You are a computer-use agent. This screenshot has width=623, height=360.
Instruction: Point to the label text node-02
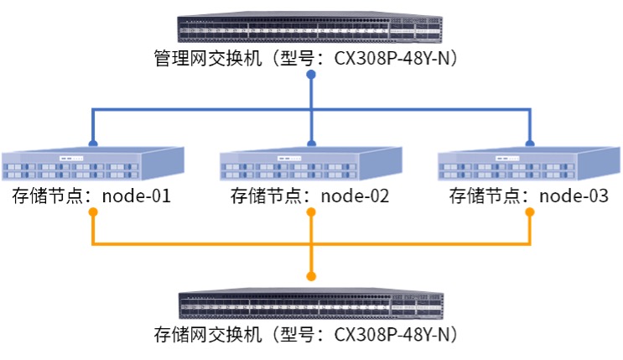coord(356,197)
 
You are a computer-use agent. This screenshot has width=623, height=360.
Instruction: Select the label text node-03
coord(574,197)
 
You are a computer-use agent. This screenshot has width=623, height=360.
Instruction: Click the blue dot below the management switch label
coord(310,76)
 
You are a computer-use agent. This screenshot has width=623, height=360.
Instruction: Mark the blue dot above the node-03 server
coord(530,143)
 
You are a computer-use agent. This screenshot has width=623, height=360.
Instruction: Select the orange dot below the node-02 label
coord(310,211)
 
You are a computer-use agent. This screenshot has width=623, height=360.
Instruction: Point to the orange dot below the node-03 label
coord(530,211)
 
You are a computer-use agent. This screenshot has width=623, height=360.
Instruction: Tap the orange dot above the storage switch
coord(310,276)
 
